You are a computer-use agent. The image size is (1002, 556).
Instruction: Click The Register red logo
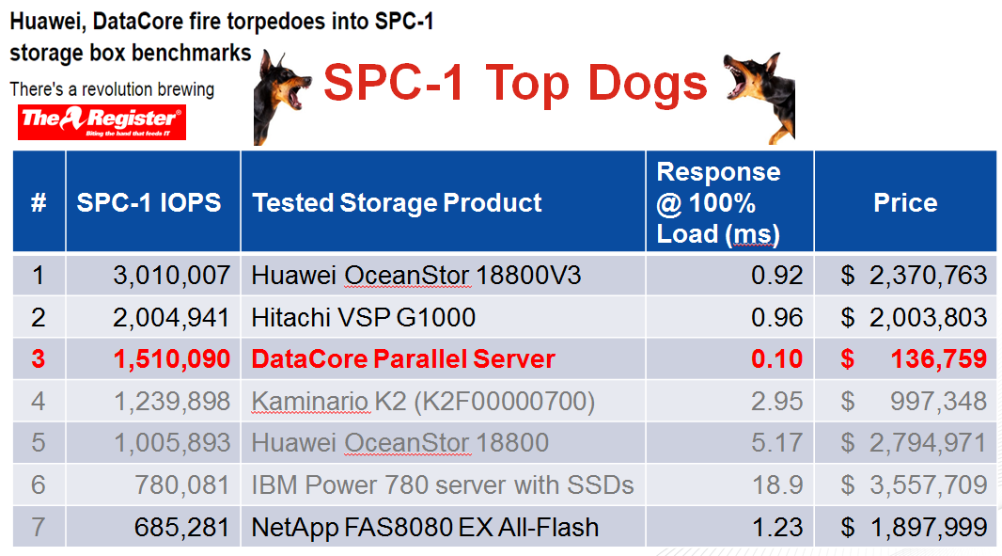[x=102, y=121]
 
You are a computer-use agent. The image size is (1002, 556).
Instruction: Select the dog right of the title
[x=761, y=96]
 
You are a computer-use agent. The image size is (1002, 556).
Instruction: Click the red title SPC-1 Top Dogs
[x=515, y=83]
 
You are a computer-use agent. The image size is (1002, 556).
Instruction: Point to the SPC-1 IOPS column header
[x=149, y=203]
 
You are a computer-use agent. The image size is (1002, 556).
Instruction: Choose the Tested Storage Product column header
[x=397, y=203]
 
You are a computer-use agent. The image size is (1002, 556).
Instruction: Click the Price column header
[x=905, y=203]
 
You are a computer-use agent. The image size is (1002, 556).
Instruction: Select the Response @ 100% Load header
[x=719, y=203]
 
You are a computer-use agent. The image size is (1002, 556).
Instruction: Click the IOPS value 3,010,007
[x=171, y=275]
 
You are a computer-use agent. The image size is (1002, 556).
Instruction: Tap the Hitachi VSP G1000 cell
[x=363, y=317]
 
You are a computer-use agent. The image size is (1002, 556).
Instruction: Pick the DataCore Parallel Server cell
[x=403, y=359]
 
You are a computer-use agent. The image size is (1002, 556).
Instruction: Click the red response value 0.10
[x=776, y=359]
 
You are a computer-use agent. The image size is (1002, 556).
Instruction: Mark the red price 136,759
[x=939, y=359]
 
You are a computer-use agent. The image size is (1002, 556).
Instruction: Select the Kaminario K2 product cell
[x=423, y=401]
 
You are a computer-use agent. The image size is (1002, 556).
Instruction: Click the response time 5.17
[x=776, y=443]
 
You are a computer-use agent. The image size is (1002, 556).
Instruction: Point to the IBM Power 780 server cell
[x=442, y=485]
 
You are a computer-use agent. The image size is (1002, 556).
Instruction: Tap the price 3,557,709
[x=928, y=485]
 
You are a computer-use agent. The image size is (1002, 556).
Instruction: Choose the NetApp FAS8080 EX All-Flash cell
[x=425, y=527]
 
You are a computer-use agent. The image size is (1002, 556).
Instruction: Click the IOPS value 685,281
[x=181, y=527]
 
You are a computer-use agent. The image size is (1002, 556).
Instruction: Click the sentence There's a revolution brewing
[x=112, y=89]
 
